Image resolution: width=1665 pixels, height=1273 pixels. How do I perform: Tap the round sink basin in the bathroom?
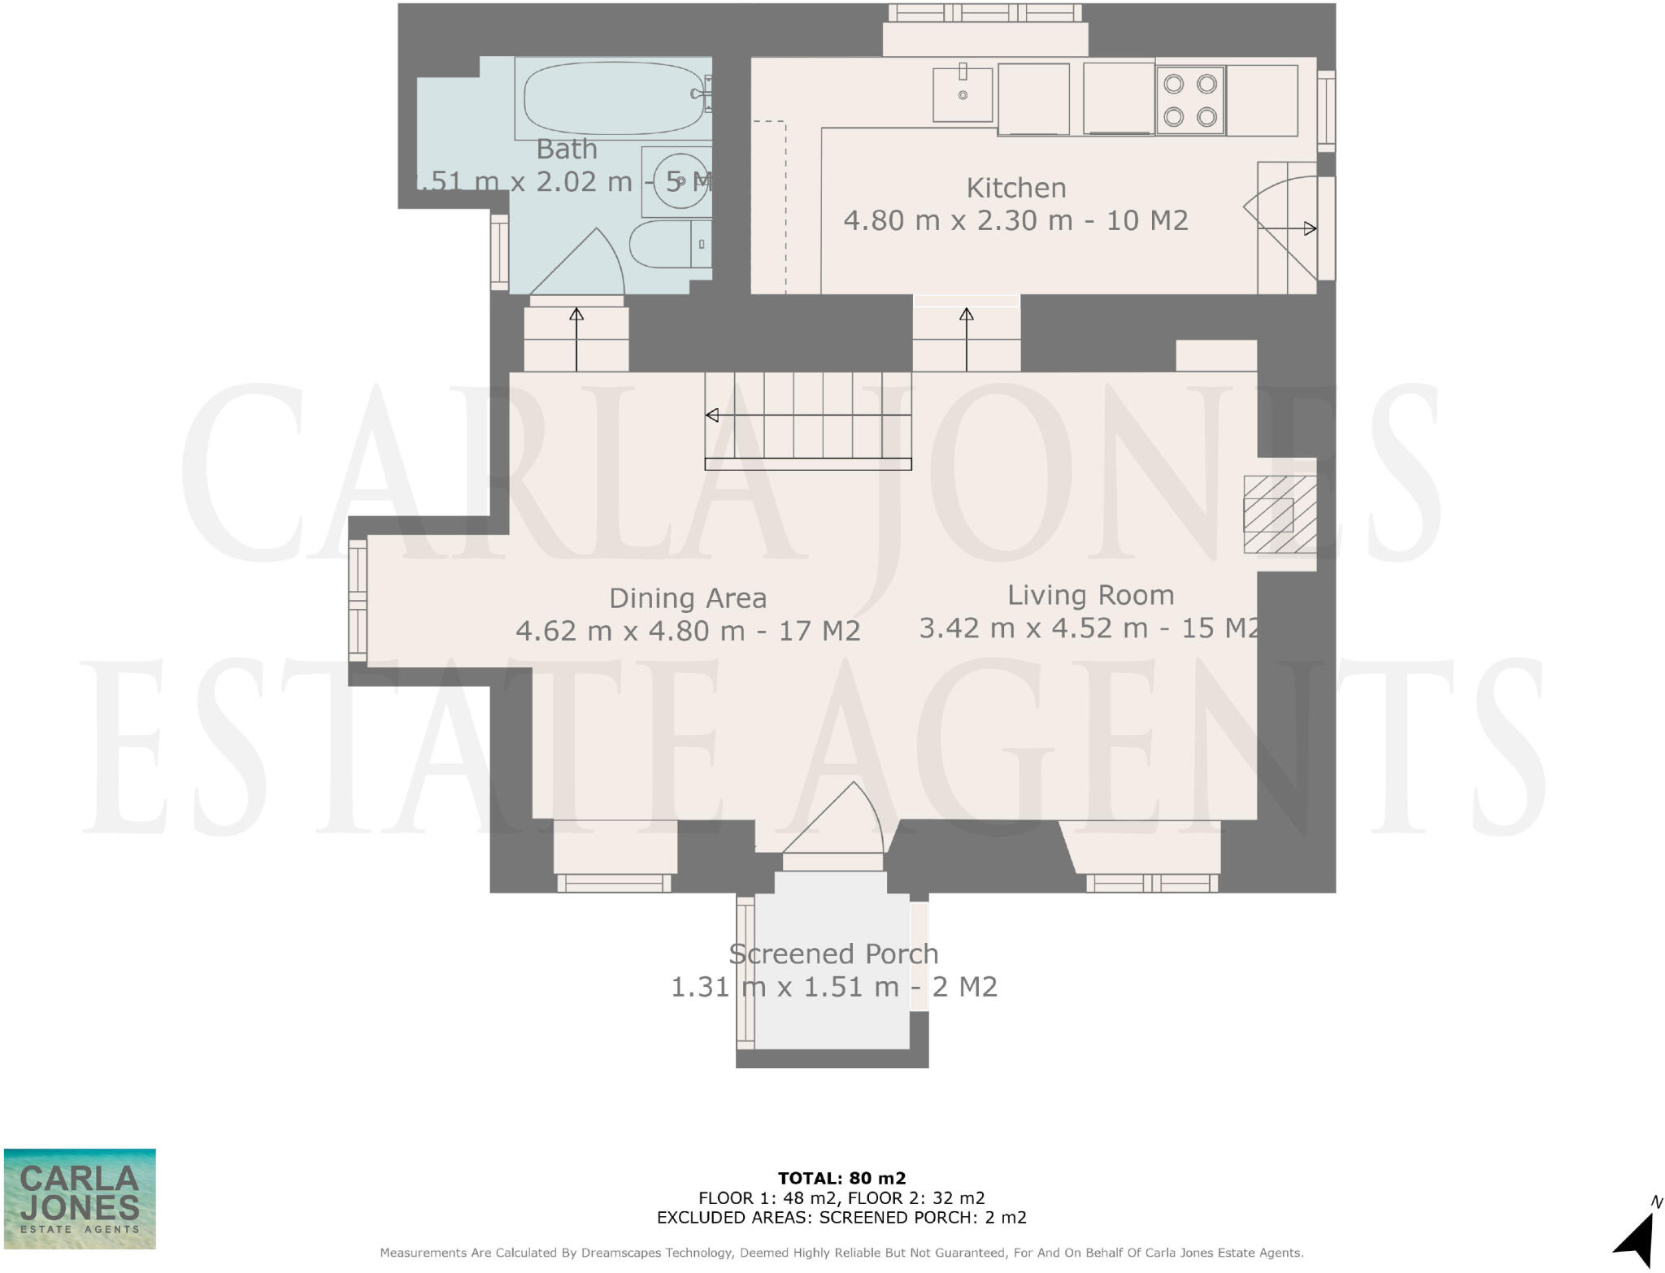[x=680, y=181]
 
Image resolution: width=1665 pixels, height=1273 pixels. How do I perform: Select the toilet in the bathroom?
[x=667, y=244]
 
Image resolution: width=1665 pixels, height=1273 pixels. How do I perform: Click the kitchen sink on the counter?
[x=963, y=94]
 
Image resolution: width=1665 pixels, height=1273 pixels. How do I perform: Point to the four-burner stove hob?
[x=1190, y=100]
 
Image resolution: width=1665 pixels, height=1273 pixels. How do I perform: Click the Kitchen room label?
[x=1015, y=188]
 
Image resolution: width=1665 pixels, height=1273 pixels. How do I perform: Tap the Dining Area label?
[x=688, y=599]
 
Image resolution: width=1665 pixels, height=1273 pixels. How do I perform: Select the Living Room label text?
[x=1090, y=596]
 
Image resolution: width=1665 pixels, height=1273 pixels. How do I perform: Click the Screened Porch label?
[x=833, y=954]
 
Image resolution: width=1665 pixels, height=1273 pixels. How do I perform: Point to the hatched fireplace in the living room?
[x=1279, y=515]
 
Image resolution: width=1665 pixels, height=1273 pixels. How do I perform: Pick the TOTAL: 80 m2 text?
[x=841, y=1178]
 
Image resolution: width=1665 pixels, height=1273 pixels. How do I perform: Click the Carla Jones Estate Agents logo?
[x=80, y=1198]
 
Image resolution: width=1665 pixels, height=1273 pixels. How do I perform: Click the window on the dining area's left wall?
[x=358, y=601]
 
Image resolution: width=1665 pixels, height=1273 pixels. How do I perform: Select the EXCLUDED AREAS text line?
[x=841, y=1218]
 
